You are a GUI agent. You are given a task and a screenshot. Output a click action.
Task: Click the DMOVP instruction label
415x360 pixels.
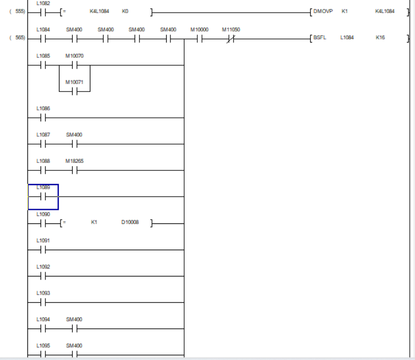point(323,11)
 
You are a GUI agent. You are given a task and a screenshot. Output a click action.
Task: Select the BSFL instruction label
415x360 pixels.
point(320,38)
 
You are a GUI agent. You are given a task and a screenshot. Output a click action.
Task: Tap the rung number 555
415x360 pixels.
point(17,11)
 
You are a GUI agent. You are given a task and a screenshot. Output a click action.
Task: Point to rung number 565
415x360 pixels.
point(17,38)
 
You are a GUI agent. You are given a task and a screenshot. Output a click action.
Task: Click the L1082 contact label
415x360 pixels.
point(43,3)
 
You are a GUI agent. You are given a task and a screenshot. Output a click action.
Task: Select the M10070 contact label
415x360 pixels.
point(74,56)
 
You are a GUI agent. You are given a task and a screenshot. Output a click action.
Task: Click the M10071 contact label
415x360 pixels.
point(74,82)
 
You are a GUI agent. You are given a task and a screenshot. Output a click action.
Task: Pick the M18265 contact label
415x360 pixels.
point(74,161)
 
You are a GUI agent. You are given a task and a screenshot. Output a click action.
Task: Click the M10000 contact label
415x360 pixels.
point(199,30)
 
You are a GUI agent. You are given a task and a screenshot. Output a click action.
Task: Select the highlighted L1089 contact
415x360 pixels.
point(43,197)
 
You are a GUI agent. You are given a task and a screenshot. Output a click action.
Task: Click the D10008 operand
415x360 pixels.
point(130,222)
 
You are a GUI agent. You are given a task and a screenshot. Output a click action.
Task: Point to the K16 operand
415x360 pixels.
point(380,38)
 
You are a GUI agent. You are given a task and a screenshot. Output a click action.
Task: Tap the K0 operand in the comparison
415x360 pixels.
point(125,11)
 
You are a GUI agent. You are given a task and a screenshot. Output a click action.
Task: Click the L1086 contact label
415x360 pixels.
point(43,108)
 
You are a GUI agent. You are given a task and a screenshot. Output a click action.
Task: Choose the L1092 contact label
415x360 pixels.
point(43,266)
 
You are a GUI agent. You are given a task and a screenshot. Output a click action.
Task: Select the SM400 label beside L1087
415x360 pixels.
point(74,135)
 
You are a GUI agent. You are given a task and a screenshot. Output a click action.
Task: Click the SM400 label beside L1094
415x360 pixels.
point(74,320)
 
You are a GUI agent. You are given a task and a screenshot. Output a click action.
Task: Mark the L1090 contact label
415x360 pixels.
point(43,214)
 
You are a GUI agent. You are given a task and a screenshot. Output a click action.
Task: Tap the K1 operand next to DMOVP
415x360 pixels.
point(345,11)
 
